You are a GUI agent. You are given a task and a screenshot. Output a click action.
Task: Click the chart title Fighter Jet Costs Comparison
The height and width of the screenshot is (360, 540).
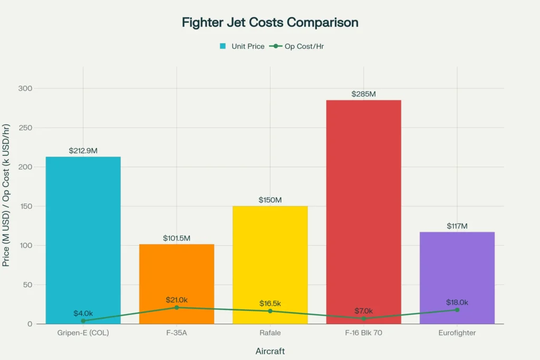pos(270,23)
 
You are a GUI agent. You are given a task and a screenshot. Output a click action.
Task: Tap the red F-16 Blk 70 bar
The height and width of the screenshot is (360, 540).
pos(363,211)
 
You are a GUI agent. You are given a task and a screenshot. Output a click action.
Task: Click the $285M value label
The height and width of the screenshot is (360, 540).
pos(363,94)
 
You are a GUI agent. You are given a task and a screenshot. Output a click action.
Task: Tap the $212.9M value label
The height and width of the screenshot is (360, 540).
pos(83,151)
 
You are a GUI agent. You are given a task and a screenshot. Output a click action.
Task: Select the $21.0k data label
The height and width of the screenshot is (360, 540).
pos(177,300)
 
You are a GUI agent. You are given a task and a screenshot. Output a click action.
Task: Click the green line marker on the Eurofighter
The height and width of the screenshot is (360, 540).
pos(457,310)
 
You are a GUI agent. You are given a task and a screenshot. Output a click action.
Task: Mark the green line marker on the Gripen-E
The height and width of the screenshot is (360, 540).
pos(83,320)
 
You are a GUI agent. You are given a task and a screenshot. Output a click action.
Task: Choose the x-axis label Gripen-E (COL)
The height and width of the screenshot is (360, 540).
pos(83,334)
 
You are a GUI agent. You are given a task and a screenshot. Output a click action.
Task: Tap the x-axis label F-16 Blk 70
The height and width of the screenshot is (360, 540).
pos(363,334)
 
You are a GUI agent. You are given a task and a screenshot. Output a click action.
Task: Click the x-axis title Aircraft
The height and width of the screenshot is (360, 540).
pos(270,351)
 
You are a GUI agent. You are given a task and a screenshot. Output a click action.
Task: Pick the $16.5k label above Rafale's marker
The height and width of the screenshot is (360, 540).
pos(270,304)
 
